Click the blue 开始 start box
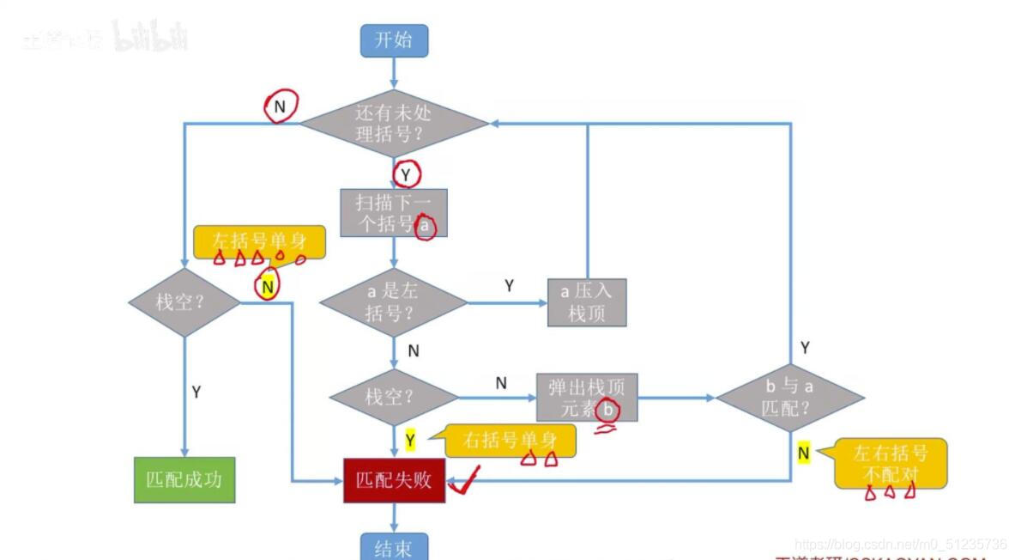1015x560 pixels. pyautogui.click(x=394, y=40)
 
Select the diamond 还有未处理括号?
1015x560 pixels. pyautogui.click(x=394, y=124)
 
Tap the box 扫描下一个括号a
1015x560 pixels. pyautogui.click(x=394, y=213)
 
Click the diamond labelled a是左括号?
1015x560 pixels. pyautogui.click(x=393, y=302)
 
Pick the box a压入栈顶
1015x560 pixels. pyautogui.click(x=587, y=302)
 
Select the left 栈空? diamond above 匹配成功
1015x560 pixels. pyautogui.click(x=184, y=302)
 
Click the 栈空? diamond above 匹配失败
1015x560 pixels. pyautogui.click(x=394, y=397)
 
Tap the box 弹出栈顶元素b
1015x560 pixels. pyautogui.click(x=587, y=397)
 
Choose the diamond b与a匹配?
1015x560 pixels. pyautogui.click(x=789, y=397)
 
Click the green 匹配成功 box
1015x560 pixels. pyautogui.click(x=184, y=479)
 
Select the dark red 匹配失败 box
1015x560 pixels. pyautogui.click(x=394, y=480)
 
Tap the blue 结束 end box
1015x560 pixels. pyautogui.click(x=394, y=547)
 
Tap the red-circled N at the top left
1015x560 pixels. pyautogui.click(x=280, y=106)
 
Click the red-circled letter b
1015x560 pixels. pyautogui.click(x=608, y=411)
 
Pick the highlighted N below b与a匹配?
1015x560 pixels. pyautogui.click(x=803, y=453)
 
